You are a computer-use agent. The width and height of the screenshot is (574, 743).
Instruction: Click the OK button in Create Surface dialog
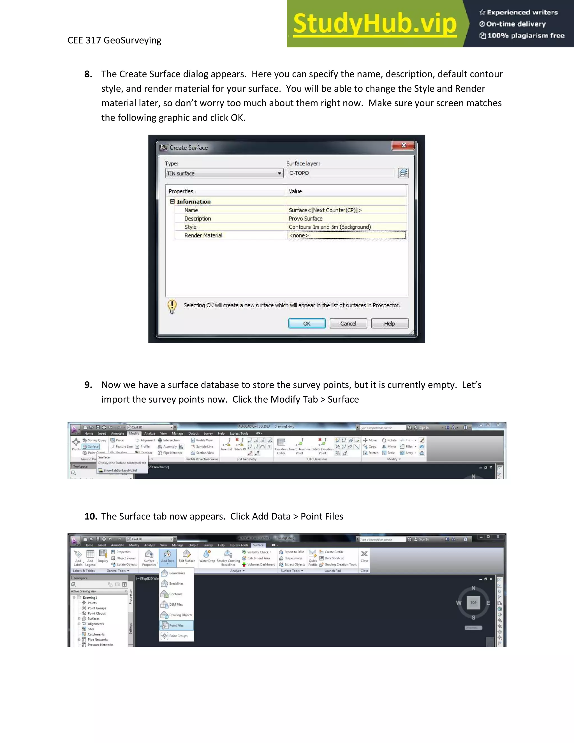pyautogui.click(x=307, y=324)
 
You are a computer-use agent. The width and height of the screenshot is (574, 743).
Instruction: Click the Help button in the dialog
pyautogui.click(x=390, y=324)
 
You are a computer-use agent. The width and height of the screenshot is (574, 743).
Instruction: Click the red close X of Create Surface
pyautogui.click(x=403, y=145)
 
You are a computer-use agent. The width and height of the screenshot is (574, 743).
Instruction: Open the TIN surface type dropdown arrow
pyautogui.click(x=279, y=174)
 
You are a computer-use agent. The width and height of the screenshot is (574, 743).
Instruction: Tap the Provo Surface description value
pyautogui.click(x=306, y=218)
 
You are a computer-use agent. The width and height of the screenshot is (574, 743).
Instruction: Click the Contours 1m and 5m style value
pyautogui.click(x=330, y=227)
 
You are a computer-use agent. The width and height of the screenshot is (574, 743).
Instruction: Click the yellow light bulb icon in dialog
pyautogui.click(x=172, y=306)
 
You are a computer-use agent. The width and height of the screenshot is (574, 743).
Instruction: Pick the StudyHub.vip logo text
pyautogui.click(x=375, y=24)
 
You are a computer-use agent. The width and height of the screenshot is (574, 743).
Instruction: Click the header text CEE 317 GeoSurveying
pyautogui.click(x=114, y=40)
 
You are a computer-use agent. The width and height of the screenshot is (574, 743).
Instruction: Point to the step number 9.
pyautogui.click(x=88, y=385)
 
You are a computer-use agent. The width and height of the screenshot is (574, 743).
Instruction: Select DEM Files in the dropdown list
pyautogui.click(x=176, y=604)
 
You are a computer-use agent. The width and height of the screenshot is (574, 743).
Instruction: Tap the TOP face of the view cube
pyautogui.click(x=473, y=603)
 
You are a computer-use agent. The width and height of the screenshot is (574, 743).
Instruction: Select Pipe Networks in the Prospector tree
pyautogui.click(x=98, y=640)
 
